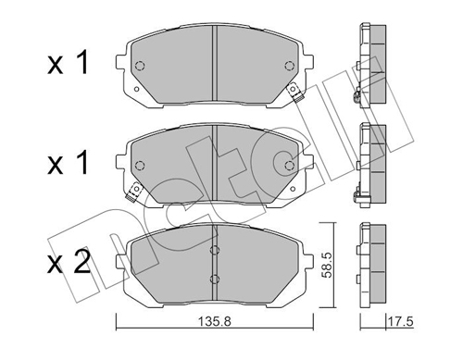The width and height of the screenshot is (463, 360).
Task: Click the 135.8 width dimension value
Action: point(214,322)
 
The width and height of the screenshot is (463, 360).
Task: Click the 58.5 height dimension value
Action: point(327,265)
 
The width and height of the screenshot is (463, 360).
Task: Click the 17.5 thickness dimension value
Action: point(400,322)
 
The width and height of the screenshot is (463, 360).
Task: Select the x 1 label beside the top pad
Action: point(68,63)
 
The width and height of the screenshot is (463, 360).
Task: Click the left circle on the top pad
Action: point(140,66)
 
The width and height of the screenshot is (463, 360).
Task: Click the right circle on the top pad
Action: point(289,66)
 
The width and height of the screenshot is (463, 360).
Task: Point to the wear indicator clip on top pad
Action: point(295,93)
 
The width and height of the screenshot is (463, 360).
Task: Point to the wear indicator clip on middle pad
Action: point(133,192)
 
